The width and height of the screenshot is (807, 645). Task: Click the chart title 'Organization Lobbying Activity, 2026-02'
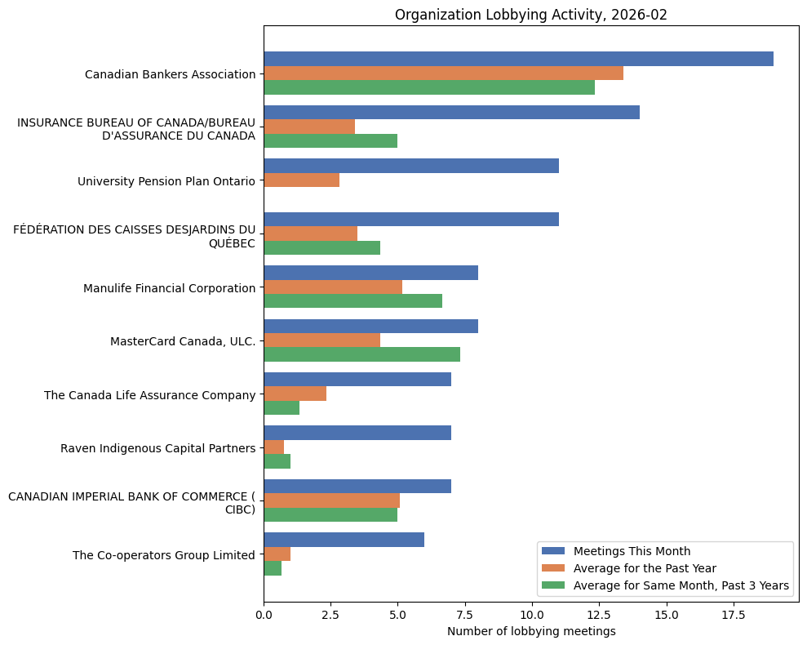tap(530, 15)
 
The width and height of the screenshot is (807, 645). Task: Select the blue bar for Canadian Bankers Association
tap(518, 59)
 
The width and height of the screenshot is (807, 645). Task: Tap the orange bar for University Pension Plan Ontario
tap(301, 180)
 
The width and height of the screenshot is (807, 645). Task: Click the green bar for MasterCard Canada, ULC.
tap(361, 354)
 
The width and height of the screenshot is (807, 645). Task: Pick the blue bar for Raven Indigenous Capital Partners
tap(357, 433)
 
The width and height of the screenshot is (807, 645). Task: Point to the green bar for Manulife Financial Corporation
tap(353, 301)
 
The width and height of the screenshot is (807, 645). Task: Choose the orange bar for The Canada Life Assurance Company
tap(295, 394)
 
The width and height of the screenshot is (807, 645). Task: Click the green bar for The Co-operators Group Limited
tap(273, 568)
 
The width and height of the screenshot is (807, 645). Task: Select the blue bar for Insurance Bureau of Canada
tap(451, 113)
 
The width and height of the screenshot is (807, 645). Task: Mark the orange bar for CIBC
tap(331, 500)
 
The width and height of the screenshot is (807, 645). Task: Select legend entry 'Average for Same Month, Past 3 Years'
tap(681, 585)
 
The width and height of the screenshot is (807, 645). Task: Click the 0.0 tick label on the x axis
tap(264, 614)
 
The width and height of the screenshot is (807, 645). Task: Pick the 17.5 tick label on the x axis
tap(733, 614)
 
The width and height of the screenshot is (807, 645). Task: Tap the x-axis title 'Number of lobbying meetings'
tap(531, 631)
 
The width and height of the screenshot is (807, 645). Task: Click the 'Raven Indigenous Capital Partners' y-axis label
tap(157, 448)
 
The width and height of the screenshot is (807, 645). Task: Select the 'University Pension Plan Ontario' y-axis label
tap(166, 181)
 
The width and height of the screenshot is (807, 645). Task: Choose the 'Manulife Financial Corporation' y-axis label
tap(169, 288)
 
